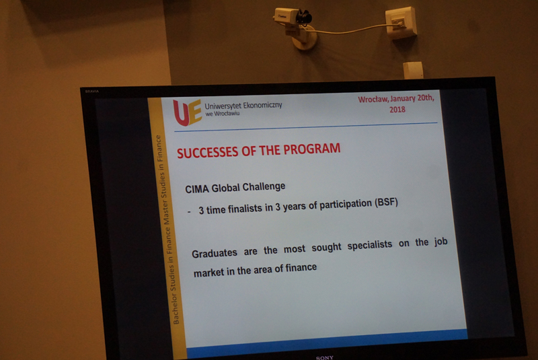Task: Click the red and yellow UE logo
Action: tap(188, 112)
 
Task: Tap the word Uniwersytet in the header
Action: tap(223, 106)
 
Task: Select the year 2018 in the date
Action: tap(397, 110)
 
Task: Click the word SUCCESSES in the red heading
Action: tap(208, 152)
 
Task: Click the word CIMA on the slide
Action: tap(197, 189)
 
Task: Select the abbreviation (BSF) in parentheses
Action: tap(386, 202)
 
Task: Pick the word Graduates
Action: tap(215, 253)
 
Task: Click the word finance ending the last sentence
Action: tap(301, 267)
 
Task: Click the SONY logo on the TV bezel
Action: tap(325, 357)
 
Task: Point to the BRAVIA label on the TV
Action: tap(92, 92)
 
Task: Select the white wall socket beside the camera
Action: tap(401, 22)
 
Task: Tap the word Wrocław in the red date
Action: tap(373, 99)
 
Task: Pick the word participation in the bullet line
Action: tap(346, 205)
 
